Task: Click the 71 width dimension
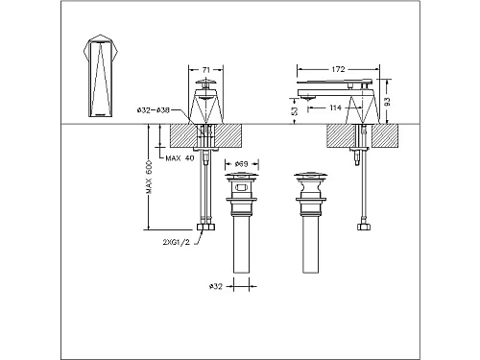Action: pos(208,70)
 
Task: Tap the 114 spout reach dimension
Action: pos(333,108)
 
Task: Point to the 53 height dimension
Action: pos(293,111)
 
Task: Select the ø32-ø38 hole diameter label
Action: pos(167,110)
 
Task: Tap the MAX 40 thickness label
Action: pos(180,158)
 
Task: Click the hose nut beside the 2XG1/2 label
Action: pos(203,228)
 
